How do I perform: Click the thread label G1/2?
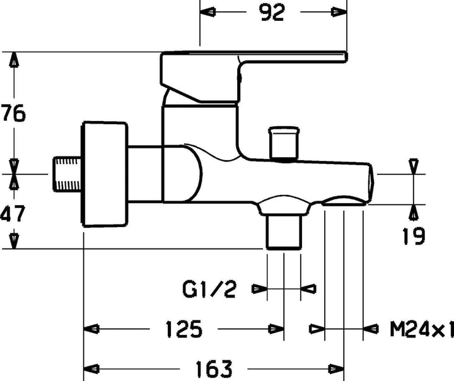(209, 289)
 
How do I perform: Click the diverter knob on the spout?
(284, 143)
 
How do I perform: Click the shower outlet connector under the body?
(283, 230)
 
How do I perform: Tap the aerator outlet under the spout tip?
(344, 201)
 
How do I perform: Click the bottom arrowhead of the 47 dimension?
(14, 241)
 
